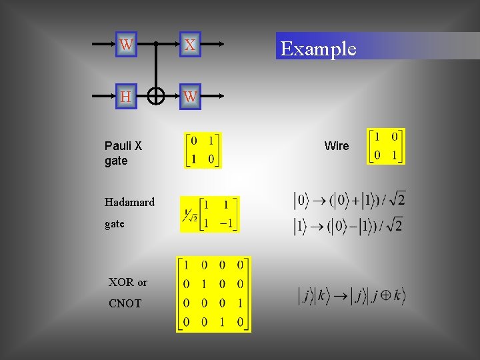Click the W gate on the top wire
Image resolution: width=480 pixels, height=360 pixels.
(126, 45)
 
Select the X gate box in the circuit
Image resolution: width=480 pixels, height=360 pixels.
(190, 45)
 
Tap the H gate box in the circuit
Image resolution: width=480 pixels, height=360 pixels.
(126, 97)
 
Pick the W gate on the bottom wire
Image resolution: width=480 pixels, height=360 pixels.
(190, 97)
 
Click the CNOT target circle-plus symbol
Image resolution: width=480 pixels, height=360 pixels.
(155, 97)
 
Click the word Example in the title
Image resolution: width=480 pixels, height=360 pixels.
(319, 49)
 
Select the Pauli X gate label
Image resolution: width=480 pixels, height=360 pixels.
(123, 153)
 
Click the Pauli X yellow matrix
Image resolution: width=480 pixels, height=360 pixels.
(203, 150)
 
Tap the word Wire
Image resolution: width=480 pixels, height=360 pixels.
(337, 146)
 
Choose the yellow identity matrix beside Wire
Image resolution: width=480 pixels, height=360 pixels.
(386, 146)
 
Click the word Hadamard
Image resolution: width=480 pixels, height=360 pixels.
(129, 202)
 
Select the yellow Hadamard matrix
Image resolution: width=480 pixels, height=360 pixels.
(210, 214)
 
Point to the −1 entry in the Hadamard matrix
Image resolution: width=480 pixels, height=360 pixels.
(227, 223)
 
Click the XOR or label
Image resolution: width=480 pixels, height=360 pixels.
(128, 282)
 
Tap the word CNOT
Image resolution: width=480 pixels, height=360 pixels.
(125, 303)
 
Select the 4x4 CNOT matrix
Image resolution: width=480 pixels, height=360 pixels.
(213, 294)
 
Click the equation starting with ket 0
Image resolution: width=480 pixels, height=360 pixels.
(349, 199)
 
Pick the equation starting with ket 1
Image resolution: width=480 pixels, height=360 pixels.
(348, 226)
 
